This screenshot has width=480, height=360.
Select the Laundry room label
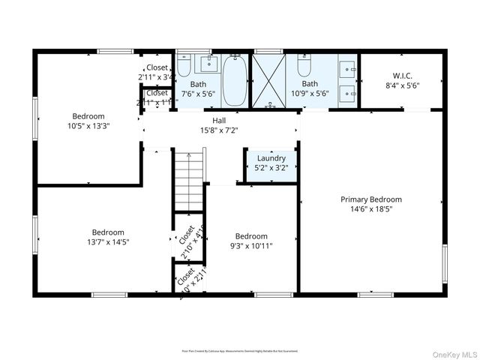click(x=271, y=158)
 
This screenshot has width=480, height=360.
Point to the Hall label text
click(x=218, y=120)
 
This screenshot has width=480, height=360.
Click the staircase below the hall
click(x=189, y=180)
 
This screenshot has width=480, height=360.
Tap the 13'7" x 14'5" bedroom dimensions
click(x=108, y=241)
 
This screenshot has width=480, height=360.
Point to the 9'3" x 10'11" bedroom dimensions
click(x=250, y=245)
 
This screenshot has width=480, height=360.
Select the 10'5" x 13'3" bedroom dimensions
click(x=88, y=126)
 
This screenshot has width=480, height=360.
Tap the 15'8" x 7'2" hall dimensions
click(x=218, y=130)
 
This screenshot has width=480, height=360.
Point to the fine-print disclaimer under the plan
click(x=239, y=350)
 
